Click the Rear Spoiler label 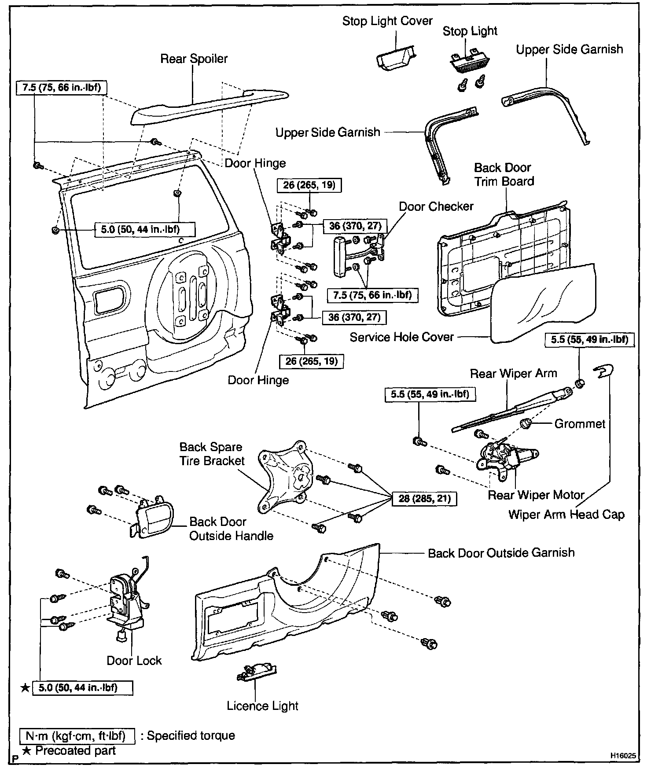(194, 59)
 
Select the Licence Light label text (262, 706)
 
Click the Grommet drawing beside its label (526, 424)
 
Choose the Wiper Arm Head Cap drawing (603, 372)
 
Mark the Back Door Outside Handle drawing (154, 519)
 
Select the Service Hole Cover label (401, 337)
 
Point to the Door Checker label (436, 206)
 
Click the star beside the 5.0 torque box (26, 688)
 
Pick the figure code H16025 (622, 755)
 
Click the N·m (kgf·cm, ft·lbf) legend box (77, 736)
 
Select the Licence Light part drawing (257, 673)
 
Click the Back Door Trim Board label (504, 175)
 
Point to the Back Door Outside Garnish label (501, 553)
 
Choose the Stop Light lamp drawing (469, 64)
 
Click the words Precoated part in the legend (75, 750)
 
